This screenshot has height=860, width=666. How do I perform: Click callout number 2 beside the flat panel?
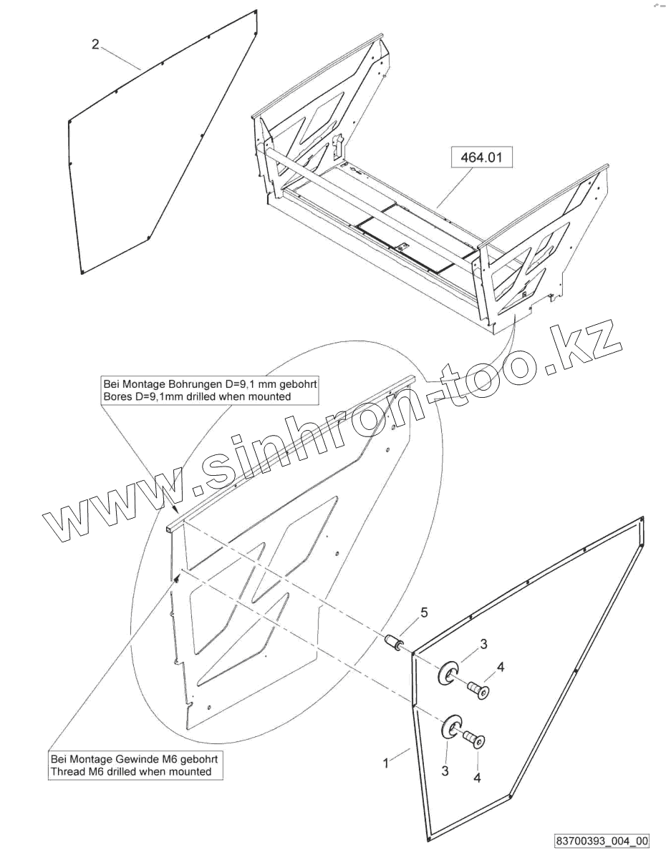(95, 44)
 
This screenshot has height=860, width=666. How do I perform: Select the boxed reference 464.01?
(482, 157)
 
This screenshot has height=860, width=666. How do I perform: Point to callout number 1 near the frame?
(386, 763)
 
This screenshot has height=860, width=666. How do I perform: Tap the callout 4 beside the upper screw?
(501, 668)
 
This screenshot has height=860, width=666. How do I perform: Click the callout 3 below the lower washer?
(445, 771)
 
